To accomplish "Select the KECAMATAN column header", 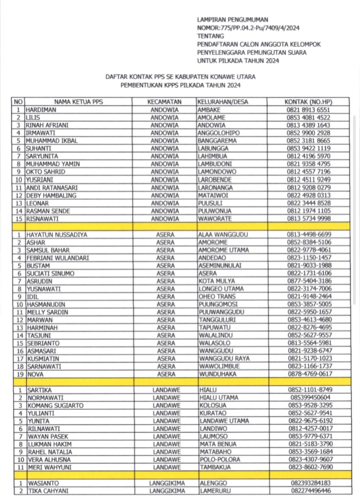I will (164, 101).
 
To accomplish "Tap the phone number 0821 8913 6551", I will (308, 109).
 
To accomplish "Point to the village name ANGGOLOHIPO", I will (218, 133).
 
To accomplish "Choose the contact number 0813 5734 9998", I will (308, 218).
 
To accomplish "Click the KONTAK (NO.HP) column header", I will (308, 101).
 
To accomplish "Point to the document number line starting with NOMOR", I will (248, 27).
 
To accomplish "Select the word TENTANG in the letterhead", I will (211, 36).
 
